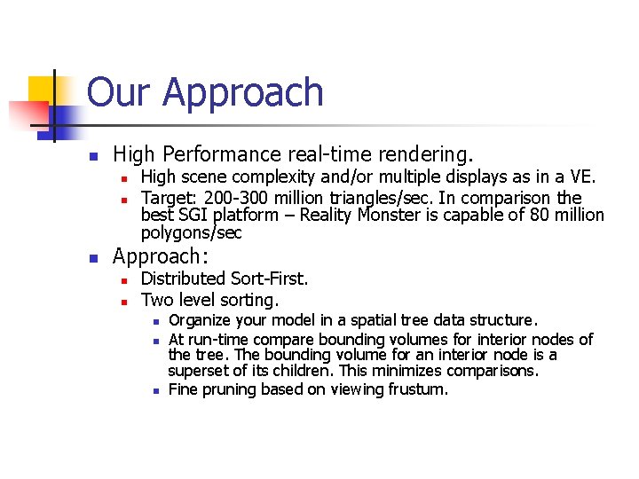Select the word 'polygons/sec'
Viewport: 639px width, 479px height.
pyautogui.click(x=191, y=233)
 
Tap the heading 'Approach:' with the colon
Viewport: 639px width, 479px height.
pyautogui.click(x=161, y=256)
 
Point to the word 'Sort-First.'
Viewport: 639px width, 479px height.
pyautogui.click(x=269, y=279)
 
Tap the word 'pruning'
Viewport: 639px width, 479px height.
pyautogui.click(x=229, y=389)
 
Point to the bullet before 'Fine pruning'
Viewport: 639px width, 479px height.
pyautogui.click(x=154, y=389)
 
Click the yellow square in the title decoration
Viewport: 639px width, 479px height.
pyautogui.click(x=42, y=90)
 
